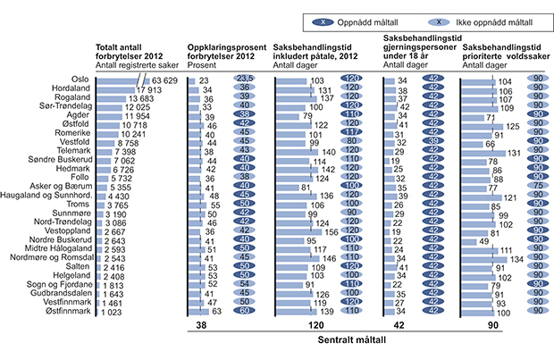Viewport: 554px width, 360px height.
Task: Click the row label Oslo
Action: (81, 80)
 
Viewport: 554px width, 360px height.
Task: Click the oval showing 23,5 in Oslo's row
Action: (244, 80)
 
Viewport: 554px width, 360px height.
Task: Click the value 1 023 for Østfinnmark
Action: (112, 313)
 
